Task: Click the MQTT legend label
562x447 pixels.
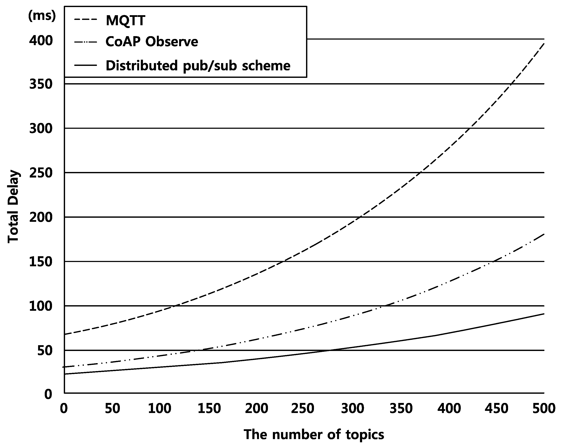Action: click(125, 20)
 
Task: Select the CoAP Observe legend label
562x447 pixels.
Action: click(152, 42)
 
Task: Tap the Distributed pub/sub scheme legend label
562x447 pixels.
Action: click(198, 66)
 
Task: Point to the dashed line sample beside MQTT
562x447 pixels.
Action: click(86, 19)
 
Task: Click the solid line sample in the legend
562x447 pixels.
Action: click(86, 65)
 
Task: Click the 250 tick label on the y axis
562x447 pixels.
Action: click(41, 173)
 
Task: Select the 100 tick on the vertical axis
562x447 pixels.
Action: click(41, 306)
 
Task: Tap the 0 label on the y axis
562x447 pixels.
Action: click(48, 394)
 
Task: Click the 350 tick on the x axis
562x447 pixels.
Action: click(401, 409)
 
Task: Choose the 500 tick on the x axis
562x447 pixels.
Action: click(544, 409)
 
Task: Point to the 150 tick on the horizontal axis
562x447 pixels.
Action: click(209, 409)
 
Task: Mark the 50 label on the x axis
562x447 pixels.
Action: click(112, 409)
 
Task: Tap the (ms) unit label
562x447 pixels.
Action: click(42, 16)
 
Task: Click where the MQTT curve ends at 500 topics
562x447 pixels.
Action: click(544, 43)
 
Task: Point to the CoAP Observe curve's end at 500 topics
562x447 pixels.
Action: click(544, 234)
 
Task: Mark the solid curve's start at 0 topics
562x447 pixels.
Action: click(64, 374)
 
